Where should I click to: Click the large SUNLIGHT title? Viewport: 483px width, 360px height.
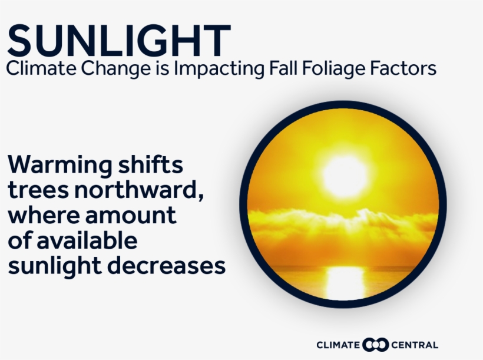coord(119,40)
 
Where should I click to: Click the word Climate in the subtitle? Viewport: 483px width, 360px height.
coord(41,68)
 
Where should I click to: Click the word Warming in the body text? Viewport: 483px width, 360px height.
coord(60,166)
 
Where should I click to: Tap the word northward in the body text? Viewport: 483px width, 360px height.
coord(138,190)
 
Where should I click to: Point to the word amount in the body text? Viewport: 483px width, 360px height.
coord(131,216)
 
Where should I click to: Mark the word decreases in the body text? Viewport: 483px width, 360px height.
coord(166,265)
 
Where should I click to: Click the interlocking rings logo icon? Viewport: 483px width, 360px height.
coord(375,345)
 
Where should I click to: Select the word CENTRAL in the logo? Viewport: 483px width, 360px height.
coord(415,345)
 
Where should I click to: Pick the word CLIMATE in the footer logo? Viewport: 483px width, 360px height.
coord(338,345)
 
